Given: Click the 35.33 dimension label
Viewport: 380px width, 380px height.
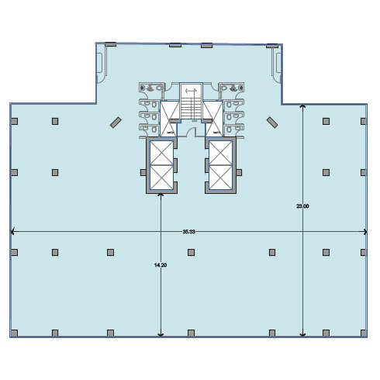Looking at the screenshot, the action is [x=188, y=232].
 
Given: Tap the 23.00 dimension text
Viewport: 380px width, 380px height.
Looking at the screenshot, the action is [x=302, y=206].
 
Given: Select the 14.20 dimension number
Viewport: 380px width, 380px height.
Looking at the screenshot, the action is [x=161, y=265].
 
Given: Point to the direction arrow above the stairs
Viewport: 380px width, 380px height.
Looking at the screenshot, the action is [x=191, y=91].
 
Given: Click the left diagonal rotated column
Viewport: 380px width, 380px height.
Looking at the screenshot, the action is [x=116, y=123].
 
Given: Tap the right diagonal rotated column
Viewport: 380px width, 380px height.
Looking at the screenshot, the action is [x=272, y=123].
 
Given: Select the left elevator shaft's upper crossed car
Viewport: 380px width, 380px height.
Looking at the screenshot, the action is [x=161, y=153].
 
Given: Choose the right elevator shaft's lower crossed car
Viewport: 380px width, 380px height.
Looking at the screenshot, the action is [x=220, y=177].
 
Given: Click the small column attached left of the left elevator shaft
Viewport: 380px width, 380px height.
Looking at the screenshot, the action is [x=143, y=172].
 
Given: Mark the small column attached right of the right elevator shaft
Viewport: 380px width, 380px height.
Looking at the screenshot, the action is [x=239, y=172].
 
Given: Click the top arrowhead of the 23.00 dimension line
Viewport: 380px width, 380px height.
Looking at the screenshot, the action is [x=302, y=106].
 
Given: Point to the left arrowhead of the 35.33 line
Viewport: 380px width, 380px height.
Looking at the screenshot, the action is [x=12, y=232].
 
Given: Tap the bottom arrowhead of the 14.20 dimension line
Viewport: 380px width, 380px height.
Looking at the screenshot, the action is [x=161, y=335].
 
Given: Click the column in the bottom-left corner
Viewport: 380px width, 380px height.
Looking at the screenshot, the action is [x=15, y=333].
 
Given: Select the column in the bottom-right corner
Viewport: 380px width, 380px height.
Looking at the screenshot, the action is [x=364, y=333].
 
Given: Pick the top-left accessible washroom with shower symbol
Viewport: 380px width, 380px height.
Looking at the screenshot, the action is [x=151, y=91].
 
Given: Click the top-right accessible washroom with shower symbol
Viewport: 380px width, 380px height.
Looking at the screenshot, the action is [x=231, y=91].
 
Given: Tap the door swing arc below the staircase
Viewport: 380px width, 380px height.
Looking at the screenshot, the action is [x=192, y=131].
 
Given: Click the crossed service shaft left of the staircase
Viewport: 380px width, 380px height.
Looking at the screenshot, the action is [x=170, y=119].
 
